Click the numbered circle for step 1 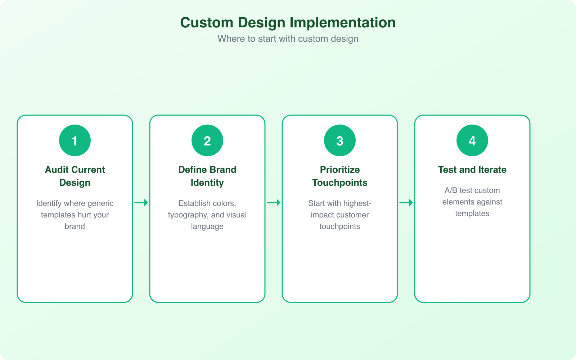click(75, 140)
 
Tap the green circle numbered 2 click(207, 140)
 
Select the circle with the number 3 click(340, 140)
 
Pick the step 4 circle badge click(472, 140)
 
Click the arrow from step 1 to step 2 click(141, 203)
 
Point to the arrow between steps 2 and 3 click(274, 203)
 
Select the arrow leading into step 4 click(406, 203)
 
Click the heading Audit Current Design click(75, 176)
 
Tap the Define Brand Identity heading click(207, 176)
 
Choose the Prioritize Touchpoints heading click(340, 176)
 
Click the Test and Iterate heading click(472, 170)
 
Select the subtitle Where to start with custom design click(288, 39)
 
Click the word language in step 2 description click(207, 227)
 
